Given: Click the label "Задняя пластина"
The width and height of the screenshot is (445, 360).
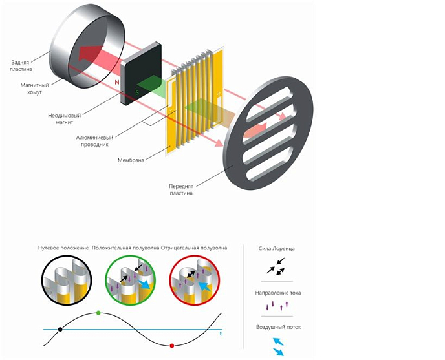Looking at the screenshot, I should (21, 65).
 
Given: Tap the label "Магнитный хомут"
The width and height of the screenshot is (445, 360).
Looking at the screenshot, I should (31, 89).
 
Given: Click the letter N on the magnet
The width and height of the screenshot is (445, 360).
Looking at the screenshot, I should (117, 83).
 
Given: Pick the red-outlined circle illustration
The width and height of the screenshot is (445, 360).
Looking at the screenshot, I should (195, 281).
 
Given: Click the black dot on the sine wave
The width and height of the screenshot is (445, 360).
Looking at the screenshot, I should (60, 329).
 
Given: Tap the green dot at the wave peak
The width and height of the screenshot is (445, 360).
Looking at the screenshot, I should (98, 313).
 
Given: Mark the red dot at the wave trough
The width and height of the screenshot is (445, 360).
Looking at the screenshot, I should (171, 346).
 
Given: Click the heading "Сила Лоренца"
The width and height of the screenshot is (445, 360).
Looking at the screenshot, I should (276, 248).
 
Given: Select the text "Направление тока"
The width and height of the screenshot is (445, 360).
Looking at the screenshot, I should (276, 293).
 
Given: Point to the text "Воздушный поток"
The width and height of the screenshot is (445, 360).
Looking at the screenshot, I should (276, 327).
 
